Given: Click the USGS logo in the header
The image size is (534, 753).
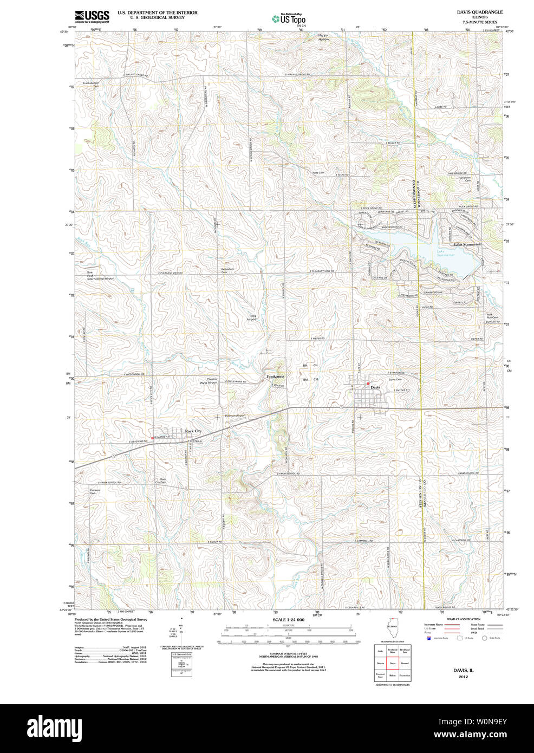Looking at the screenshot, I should [92, 16].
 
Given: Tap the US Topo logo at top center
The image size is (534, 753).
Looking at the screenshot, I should [289, 18].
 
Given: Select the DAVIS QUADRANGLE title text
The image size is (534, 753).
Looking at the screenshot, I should [479, 12].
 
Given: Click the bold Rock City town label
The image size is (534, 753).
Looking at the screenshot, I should [193, 431].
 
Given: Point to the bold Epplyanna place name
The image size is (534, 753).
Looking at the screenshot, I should [275, 376].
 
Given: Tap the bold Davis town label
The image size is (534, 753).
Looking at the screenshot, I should [375, 387].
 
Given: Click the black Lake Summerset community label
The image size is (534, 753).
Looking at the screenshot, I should [467, 245].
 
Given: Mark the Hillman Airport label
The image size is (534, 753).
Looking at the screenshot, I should [235, 416].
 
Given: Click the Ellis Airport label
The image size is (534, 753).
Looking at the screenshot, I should [252, 317].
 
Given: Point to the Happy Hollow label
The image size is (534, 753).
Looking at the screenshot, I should [323, 37].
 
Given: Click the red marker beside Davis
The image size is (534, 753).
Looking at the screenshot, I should [368, 384].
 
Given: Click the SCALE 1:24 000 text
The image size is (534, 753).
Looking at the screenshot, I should [288, 619].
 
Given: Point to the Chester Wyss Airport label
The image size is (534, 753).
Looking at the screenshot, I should [209, 381].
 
